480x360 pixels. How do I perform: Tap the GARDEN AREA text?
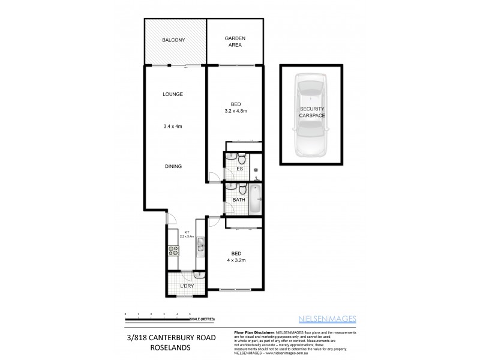(x=235, y=41)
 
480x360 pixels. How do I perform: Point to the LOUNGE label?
(x=173, y=94)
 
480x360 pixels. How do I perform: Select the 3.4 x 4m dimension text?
(x=173, y=126)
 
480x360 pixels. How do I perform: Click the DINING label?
(x=173, y=166)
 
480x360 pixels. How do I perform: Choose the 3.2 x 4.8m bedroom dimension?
(x=236, y=111)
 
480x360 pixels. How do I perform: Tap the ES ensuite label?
(x=239, y=169)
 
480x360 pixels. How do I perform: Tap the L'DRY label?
(x=187, y=286)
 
